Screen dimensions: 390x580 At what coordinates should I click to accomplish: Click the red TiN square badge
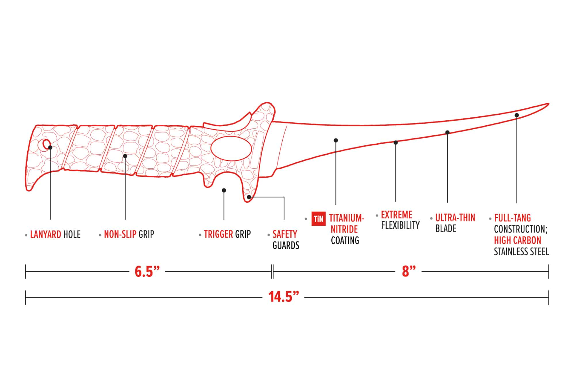318,219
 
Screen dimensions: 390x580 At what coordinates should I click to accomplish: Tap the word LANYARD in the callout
46,235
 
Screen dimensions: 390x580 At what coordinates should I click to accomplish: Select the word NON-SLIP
120,234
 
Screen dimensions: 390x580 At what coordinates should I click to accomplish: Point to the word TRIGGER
218,234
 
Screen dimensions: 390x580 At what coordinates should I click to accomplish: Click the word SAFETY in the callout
285,234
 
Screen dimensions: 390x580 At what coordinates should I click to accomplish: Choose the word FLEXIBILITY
400,225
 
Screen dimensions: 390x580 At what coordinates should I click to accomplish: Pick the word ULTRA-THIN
455,218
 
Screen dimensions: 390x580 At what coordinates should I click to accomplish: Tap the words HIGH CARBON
517,241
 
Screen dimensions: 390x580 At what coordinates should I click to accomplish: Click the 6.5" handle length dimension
147,272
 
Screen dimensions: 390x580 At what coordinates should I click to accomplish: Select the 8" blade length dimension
409,271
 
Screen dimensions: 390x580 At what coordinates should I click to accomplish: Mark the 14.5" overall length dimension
284,297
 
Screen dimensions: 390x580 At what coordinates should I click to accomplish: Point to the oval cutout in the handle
231,148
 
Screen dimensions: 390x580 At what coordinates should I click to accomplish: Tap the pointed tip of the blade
548,104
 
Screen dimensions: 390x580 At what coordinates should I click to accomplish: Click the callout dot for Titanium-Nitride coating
336,140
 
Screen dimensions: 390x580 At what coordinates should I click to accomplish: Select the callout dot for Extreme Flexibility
395,142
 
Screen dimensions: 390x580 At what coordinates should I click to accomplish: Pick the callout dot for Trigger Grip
224,191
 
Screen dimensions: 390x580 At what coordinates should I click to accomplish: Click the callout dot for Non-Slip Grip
125,156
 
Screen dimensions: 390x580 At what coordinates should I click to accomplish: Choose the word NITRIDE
344,229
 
